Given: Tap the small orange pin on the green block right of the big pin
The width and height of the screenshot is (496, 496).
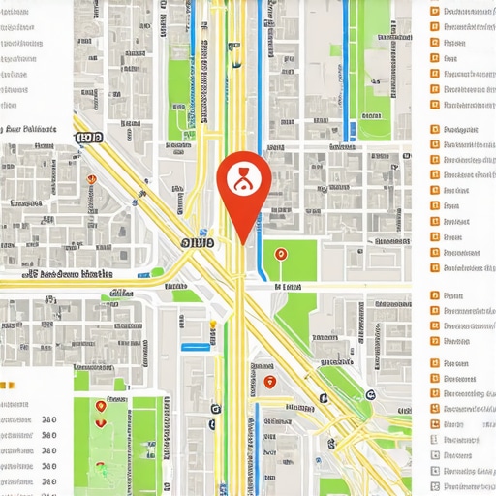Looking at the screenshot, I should pos(282,254).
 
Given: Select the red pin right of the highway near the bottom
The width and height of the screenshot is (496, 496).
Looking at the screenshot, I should pos(270,382).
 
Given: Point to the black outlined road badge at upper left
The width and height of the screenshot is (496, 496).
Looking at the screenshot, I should pos(89,139).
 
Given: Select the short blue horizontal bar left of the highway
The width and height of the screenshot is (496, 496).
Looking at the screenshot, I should pos(195,344).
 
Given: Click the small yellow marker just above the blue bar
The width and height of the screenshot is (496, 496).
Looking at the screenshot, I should pos(212,325).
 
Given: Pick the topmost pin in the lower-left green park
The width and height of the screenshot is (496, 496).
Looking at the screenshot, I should pos(100,406).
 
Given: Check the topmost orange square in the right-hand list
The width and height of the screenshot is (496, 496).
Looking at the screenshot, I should pos(435,11).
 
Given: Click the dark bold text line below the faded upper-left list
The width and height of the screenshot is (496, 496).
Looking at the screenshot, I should pos(29,128).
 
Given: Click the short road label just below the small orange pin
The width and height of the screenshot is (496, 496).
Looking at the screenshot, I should pos(288,287).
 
